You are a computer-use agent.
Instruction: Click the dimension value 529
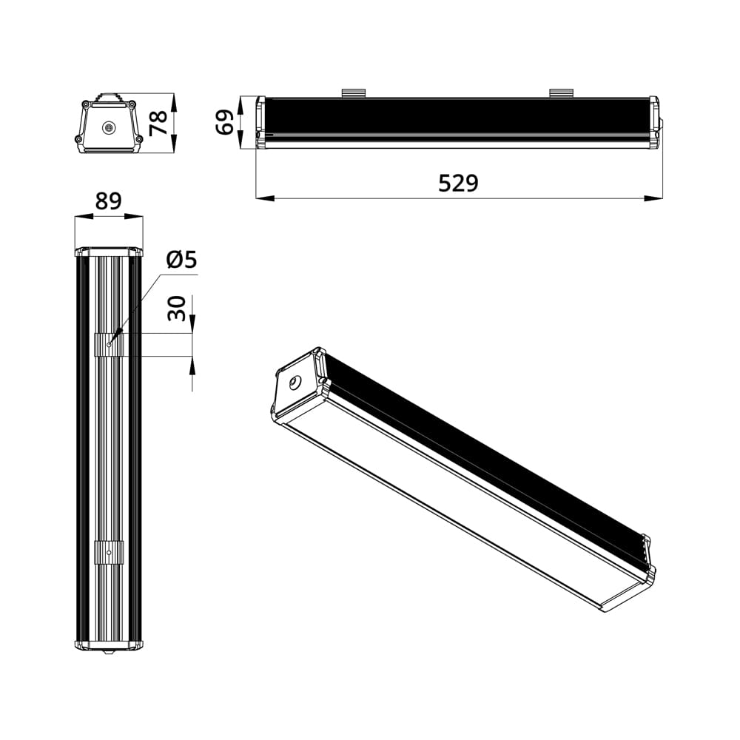coord(458,183)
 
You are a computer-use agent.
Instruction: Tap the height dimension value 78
coord(159,123)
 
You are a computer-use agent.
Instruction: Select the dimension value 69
coord(225,122)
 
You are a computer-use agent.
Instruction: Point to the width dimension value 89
coord(108,201)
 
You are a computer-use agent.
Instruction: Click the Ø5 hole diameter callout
coord(181,260)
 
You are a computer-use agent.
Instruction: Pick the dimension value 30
coord(177,308)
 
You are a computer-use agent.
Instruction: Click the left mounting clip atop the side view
coord(354,92)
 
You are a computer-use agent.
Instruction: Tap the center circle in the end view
coord(110,128)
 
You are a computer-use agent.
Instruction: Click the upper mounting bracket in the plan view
coord(109,344)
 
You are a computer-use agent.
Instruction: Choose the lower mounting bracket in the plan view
coord(109,552)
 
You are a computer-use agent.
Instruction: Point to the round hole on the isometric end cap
coord(295,383)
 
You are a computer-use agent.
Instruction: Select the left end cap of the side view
coord(260,122)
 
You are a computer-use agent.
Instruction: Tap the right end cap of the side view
coord(654,122)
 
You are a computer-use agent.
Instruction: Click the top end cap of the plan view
coord(109,252)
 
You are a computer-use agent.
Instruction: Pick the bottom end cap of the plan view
coord(109,645)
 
